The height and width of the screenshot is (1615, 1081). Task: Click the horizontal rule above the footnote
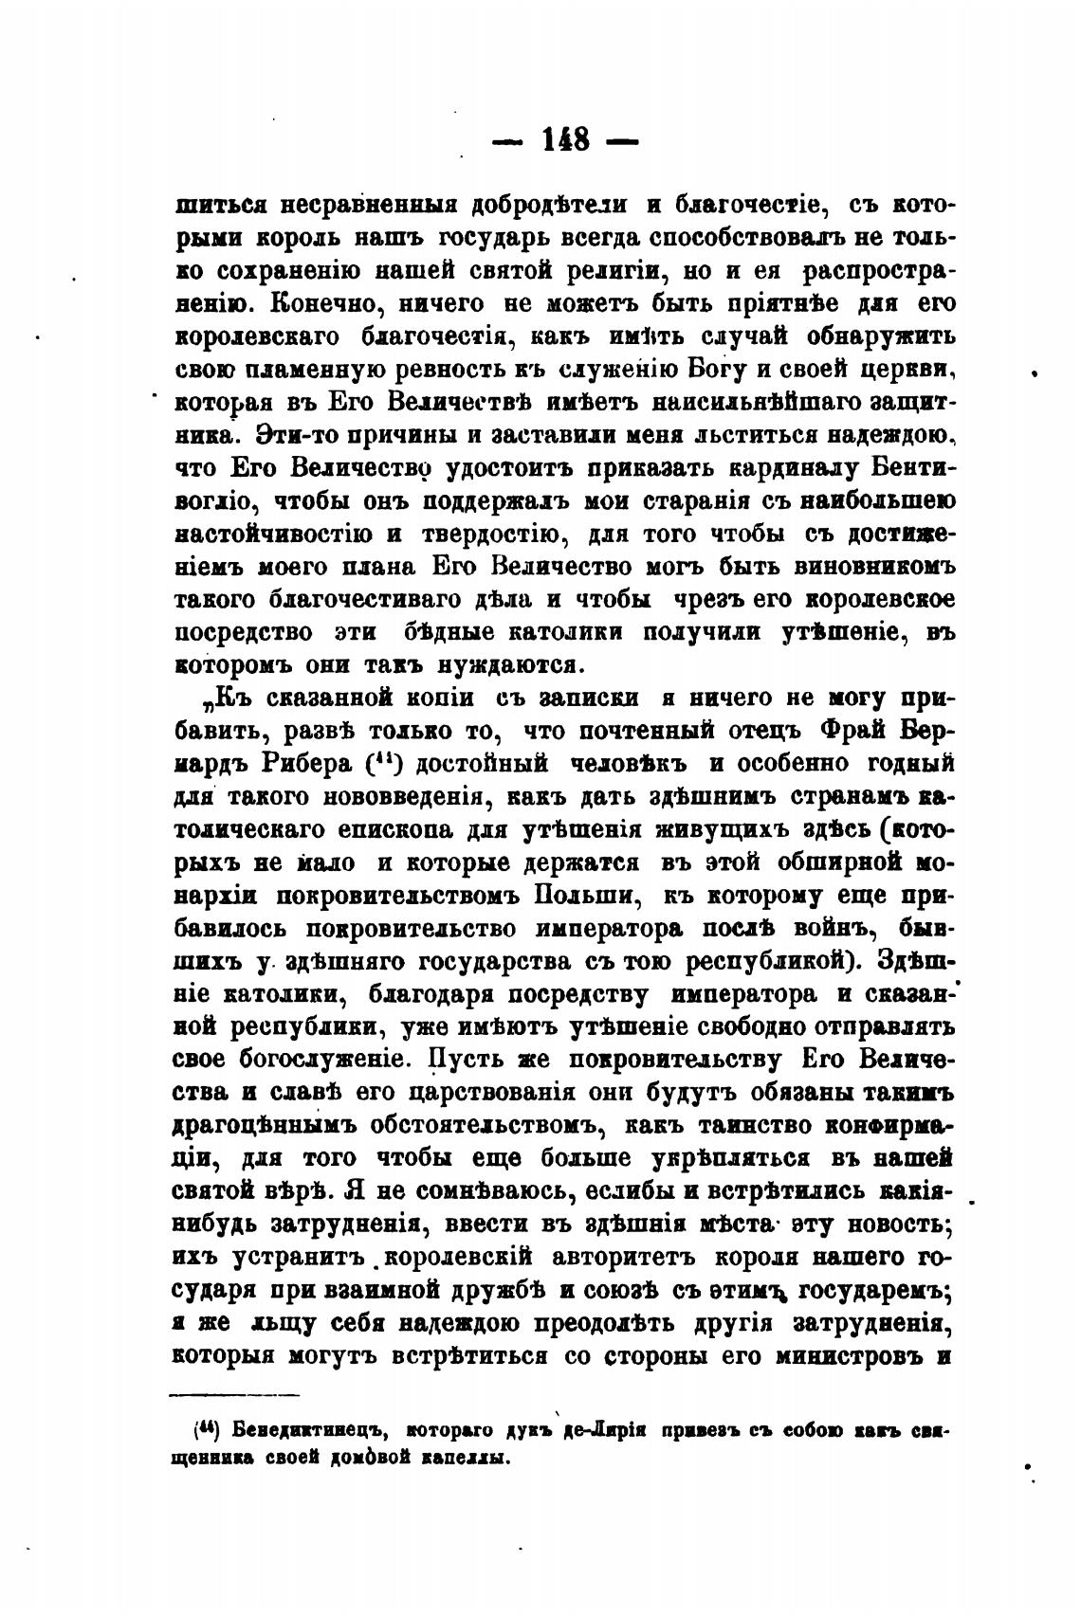[233, 1394]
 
